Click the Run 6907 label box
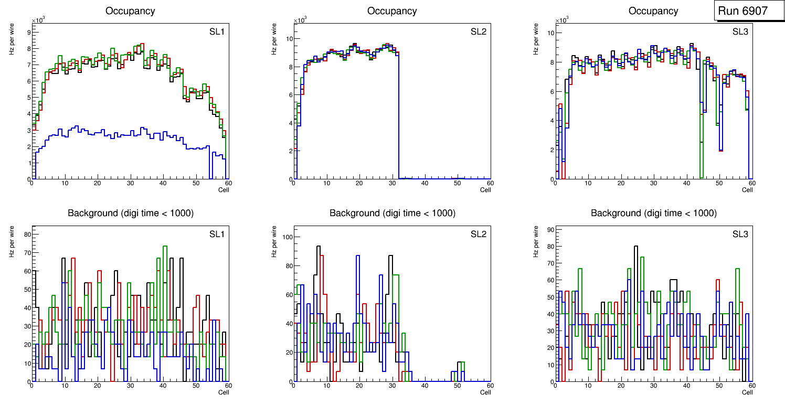tap(746, 10)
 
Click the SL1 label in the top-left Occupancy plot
tap(217, 31)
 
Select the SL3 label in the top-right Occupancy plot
tap(740, 31)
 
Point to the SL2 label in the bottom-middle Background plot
tap(479, 234)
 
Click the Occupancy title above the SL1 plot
tap(131, 10)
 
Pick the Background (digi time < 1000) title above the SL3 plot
tap(654, 213)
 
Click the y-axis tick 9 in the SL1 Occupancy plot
tap(27, 32)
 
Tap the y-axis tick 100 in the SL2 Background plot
tap(286, 237)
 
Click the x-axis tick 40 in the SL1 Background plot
tap(163, 386)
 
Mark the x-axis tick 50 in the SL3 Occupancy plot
tap(719, 183)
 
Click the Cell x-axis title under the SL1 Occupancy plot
tap(224, 189)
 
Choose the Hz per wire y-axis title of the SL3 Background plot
tap(536, 241)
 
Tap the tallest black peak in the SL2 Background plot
tap(319, 246)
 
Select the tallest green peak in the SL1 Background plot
tap(165, 246)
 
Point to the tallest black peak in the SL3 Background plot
tap(635, 246)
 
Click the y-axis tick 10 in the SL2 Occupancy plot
tap(288, 38)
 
